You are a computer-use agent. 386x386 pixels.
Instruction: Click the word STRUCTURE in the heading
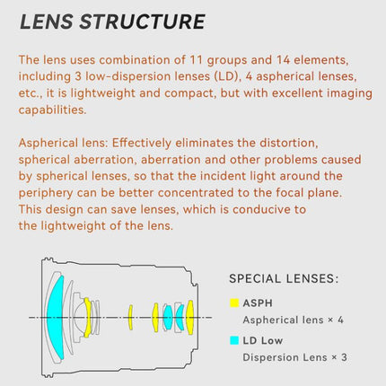click(x=143, y=22)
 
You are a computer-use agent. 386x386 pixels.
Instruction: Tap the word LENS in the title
click(x=47, y=22)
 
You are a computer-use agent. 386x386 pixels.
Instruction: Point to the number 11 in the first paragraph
click(x=196, y=60)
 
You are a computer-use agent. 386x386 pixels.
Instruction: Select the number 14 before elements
click(x=283, y=60)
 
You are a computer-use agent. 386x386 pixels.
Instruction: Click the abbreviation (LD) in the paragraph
click(x=228, y=76)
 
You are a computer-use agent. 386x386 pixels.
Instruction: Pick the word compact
click(x=189, y=93)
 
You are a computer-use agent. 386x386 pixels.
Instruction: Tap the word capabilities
click(x=52, y=110)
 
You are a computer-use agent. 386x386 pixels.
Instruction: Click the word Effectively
click(x=142, y=143)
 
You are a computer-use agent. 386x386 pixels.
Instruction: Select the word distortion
click(x=289, y=143)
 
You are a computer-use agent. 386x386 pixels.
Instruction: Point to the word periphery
click(x=46, y=193)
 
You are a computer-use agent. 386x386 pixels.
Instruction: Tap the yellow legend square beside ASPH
click(x=234, y=303)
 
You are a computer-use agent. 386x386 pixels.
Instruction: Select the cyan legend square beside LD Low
click(x=234, y=340)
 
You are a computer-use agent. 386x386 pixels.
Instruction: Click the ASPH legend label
click(x=258, y=303)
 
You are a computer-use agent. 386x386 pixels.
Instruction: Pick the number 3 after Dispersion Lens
click(x=344, y=357)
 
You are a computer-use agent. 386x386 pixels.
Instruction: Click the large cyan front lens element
click(x=55, y=317)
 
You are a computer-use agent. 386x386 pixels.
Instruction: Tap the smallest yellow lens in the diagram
click(x=130, y=318)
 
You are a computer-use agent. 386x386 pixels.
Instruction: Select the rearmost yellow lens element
click(x=189, y=317)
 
